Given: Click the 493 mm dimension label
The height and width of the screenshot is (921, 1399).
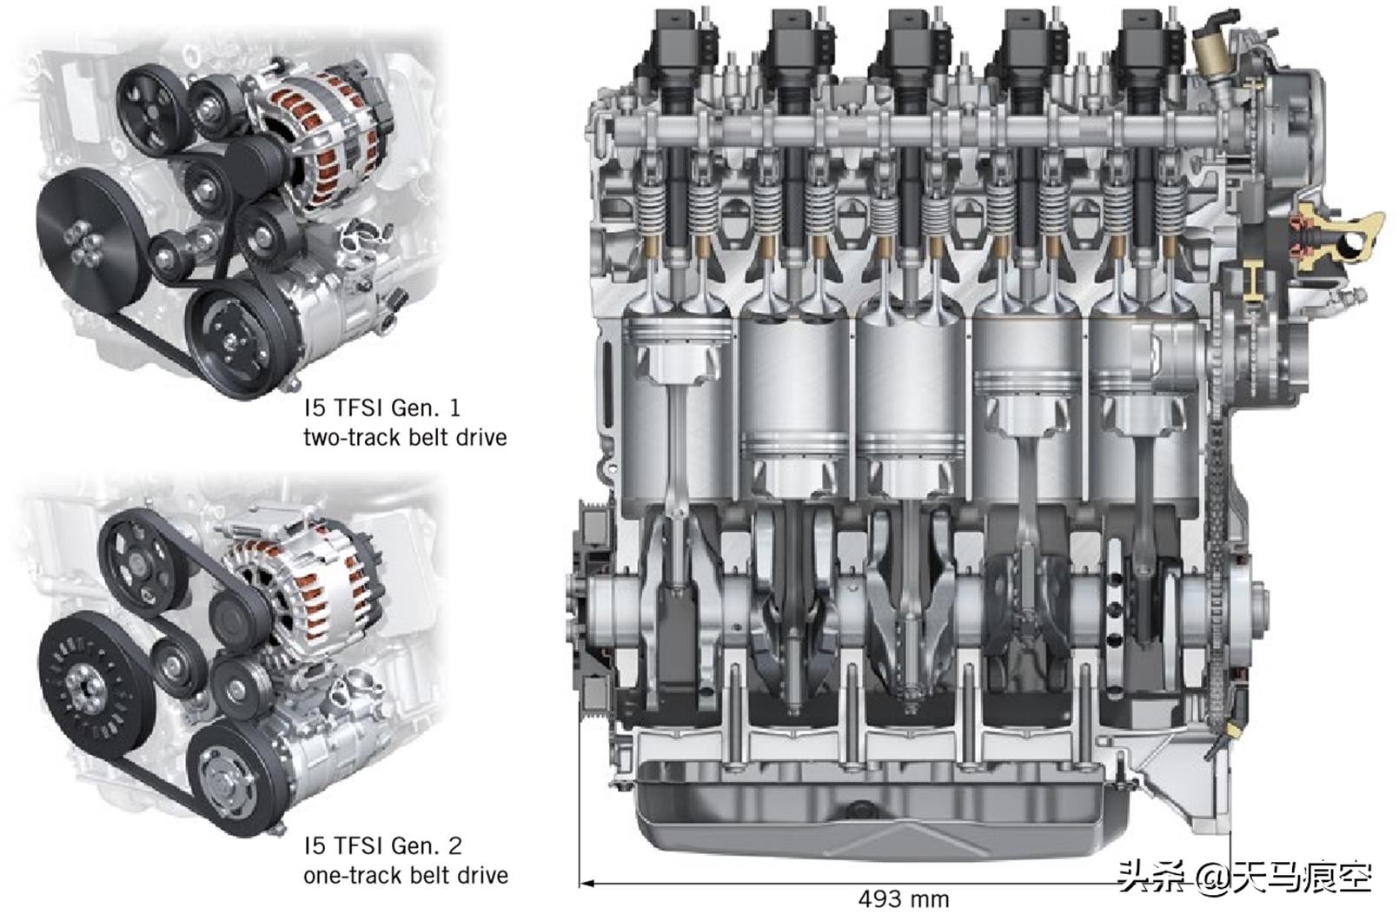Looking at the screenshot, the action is click(x=903, y=899).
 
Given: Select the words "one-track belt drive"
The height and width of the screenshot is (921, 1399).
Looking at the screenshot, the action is click(x=405, y=876).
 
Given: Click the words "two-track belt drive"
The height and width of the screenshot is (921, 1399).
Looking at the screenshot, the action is click(x=405, y=438).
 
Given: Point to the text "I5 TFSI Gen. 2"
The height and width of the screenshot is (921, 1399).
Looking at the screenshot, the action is click(x=383, y=846).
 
